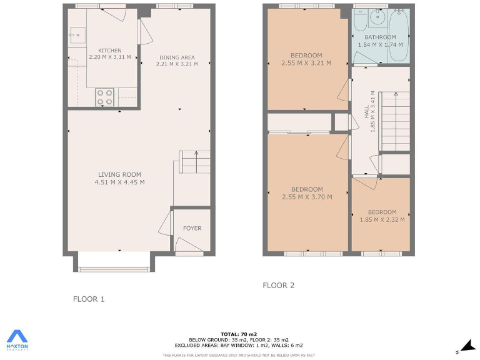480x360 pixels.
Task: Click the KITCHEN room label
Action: (110, 51)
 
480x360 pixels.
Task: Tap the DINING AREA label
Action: (176, 57)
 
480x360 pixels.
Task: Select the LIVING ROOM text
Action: (119, 175)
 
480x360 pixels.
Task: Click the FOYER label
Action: (192, 228)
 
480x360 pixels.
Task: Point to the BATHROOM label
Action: (380, 37)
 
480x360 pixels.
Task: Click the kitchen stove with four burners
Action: (105, 97)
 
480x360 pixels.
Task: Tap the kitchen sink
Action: (77, 32)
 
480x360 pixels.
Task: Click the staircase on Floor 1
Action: (195, 162)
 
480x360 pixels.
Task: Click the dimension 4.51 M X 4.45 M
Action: (119, 182)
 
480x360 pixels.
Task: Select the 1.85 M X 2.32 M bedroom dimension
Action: (382, 219)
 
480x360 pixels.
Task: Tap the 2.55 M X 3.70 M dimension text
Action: (307, 197)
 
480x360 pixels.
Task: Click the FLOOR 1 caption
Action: (89, 299)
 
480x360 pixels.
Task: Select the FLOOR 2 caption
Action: (278, 286)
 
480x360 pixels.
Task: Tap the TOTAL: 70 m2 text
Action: (239, 334)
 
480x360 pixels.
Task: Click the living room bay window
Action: (114, 262)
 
